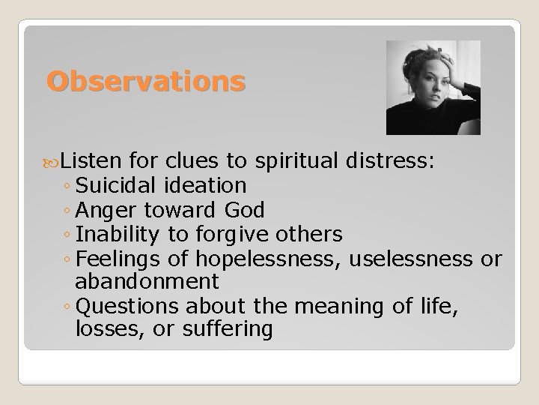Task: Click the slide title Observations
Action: [145, 81]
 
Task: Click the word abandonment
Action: [147, 281]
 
